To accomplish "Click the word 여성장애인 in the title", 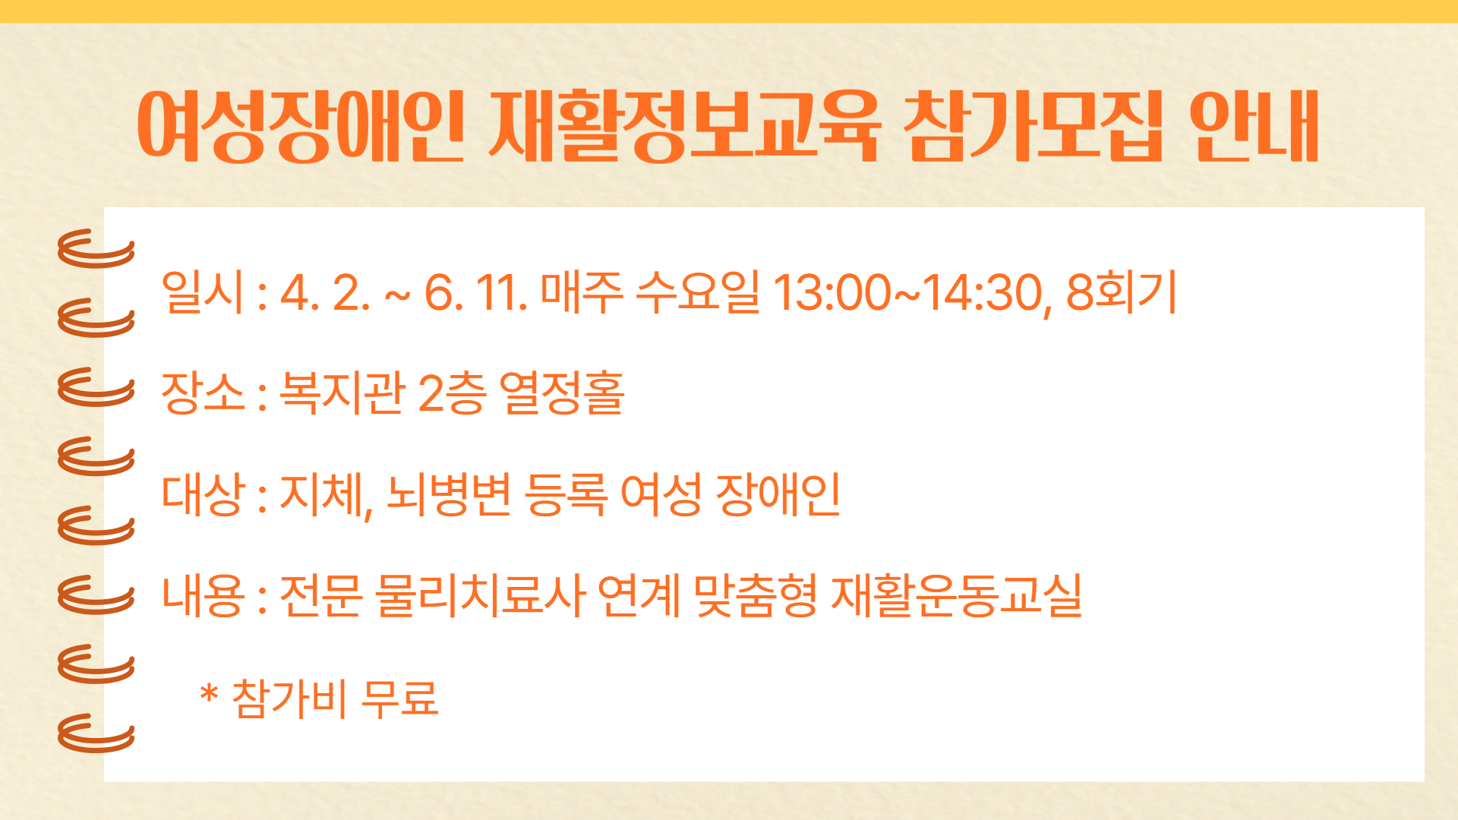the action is [301, 126].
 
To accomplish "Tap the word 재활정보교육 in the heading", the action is [684, 126].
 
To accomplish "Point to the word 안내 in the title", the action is [1254, 126].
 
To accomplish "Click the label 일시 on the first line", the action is [203, 292].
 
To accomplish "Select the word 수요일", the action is [698, 292].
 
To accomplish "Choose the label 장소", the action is [203, 393].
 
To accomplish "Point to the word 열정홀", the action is [562, 393].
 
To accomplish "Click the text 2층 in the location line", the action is [452, 393].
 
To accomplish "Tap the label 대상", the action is [203, 494].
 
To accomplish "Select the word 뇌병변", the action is [449, 494].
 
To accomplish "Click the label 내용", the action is [203, 595].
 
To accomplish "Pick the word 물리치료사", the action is [481, 595].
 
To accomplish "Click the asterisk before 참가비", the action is [209, 693].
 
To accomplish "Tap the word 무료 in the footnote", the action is [399, 697].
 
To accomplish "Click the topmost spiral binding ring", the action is [96, 249].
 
